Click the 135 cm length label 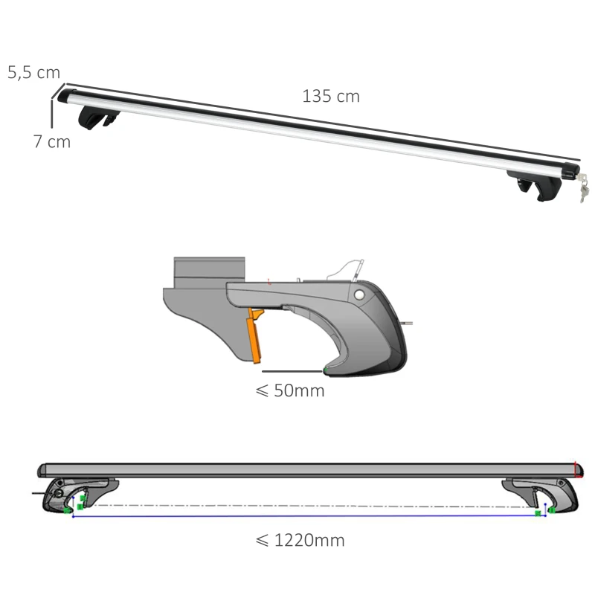click(330, 97)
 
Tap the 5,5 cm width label click(33, 73)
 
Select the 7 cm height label click(51, 141)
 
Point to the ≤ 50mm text click(290, 390)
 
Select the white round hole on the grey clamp click(361, 295)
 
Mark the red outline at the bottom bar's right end click(577, 469)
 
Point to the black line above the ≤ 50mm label click(292, 370)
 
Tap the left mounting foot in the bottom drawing click(74, 495)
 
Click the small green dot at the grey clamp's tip click(325, 370)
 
